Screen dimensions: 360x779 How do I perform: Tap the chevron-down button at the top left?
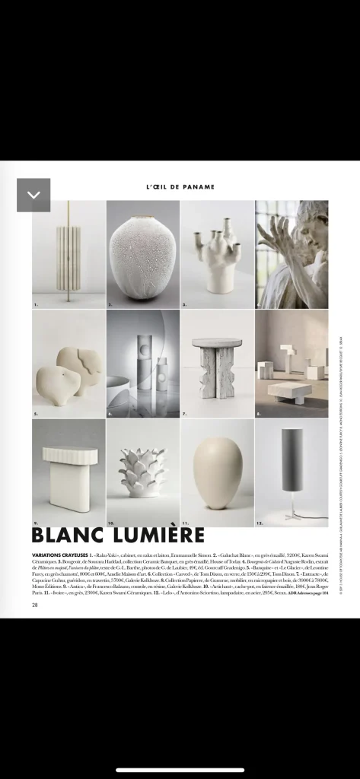coord(33,195)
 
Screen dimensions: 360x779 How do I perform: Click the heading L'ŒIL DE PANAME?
coord(180,186)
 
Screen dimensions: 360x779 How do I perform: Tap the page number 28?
coord(35,606)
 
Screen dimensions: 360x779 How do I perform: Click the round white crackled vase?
coord(142,253)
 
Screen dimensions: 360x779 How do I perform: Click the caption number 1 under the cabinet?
coord(35,304)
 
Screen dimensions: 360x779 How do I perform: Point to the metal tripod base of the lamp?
coord(292,514)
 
